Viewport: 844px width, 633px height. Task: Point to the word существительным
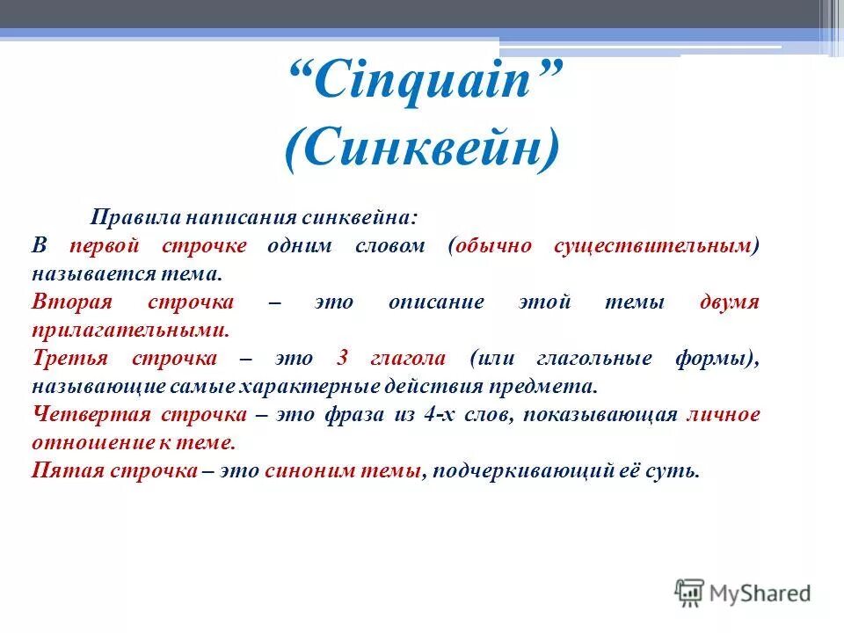(x=655, y=245)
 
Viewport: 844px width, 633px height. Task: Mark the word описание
(x=436, y=302)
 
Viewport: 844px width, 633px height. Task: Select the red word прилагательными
(x=130, y=330)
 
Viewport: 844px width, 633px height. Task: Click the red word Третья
(x=69, y=358)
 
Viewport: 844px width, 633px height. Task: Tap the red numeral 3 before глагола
(x=341, y=358)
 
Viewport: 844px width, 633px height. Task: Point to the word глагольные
(x=603, y=358)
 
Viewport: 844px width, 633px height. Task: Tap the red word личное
(x=723, y=414)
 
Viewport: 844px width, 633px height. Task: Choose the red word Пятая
(x=68, y=470)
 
